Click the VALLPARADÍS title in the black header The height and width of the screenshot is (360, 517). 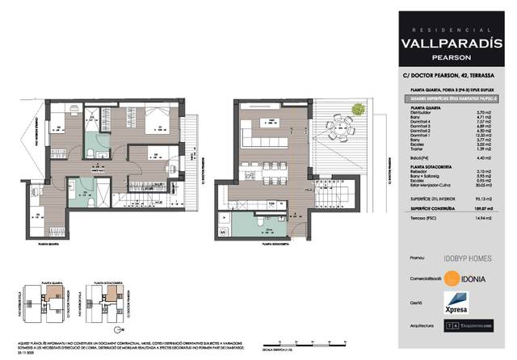(457, 45)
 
